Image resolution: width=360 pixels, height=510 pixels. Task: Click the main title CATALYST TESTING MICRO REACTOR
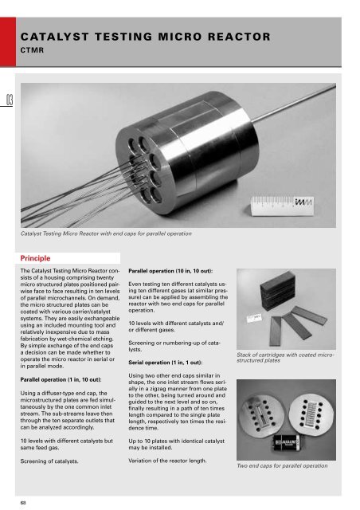point(149,37)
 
